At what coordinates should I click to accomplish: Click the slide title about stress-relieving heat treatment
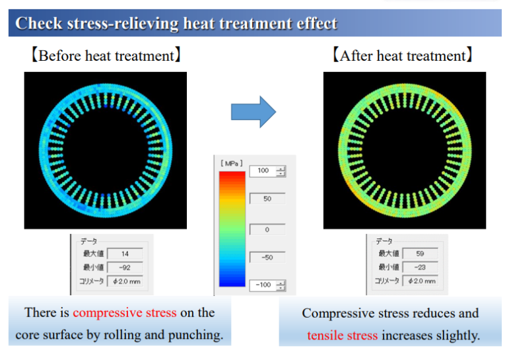tap(176, 24)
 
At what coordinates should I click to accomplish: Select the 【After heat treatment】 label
tap(403, 56)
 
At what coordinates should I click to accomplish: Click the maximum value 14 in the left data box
tap(124, 253)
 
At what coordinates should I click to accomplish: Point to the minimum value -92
tap(124, 267)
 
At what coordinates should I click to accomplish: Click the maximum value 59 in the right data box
tap(420, 253)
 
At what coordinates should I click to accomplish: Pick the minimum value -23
tap(420, 267)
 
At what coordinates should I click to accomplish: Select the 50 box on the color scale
tap(267, 198)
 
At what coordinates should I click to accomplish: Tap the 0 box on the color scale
tap(267, 229)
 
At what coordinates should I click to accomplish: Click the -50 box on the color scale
tap(267, 258)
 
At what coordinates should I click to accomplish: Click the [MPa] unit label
tap(231, 162)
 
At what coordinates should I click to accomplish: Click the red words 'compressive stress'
tap(125, 312)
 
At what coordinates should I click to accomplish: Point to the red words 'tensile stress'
tap(343, 336)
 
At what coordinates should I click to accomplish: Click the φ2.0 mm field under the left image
tap(124, 281)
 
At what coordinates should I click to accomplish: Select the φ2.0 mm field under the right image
tap(420, 281)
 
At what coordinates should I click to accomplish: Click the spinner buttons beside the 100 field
tap(282, 171)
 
